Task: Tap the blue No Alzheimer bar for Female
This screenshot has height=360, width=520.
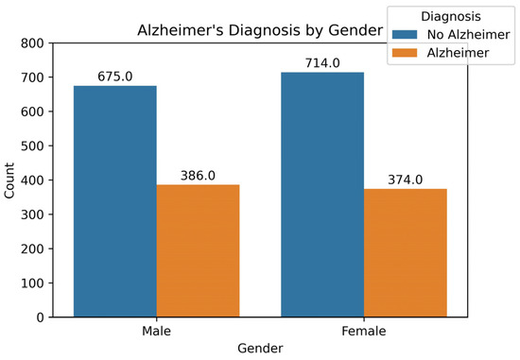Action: (x=322, y=195)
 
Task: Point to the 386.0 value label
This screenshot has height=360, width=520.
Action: (x=198, y=176)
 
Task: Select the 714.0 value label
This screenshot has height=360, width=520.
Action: (x=322, y=64)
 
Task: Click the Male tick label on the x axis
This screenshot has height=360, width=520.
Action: (x=156, y=332)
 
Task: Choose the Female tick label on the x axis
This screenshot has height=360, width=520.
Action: (x=363, y=332)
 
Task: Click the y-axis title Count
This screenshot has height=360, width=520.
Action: (x=11, y=180)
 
